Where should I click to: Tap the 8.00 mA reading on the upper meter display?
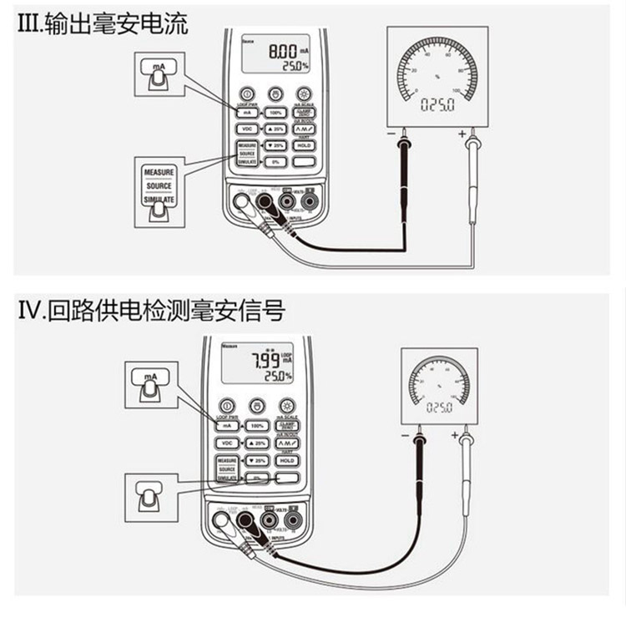[281, 51]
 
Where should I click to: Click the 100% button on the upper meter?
[275, 112]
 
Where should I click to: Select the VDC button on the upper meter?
[246, 129]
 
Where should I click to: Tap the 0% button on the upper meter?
[275, 162]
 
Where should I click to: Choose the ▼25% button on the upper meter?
[275, 145]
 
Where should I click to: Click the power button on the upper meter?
[247, 94]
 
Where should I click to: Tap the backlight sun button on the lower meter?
[287, 405]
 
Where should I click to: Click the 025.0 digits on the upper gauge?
[437, 105]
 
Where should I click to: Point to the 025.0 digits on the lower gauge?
[438, 408]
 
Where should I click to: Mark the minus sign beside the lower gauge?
[405, 436]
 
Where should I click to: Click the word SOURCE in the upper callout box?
[159, 185]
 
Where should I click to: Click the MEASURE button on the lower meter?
[227, 460]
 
